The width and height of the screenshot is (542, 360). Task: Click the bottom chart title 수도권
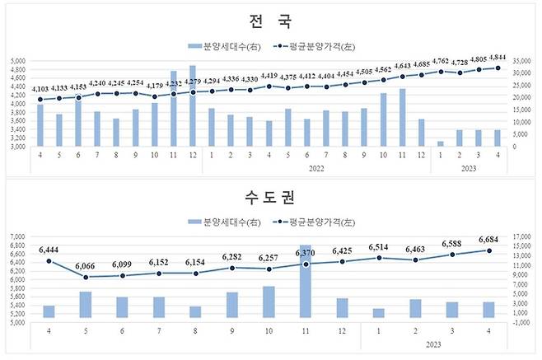point(271,198)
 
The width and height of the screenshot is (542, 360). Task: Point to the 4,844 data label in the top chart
point(497,58)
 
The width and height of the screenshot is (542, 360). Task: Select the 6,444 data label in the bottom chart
point(49,249)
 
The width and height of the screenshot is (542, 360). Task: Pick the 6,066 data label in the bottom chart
point(85,266)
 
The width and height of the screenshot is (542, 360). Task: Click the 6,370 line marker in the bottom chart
point(306,264)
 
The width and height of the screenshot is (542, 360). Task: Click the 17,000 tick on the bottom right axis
point(522,237)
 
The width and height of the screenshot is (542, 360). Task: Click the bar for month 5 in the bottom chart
point(85,304)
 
